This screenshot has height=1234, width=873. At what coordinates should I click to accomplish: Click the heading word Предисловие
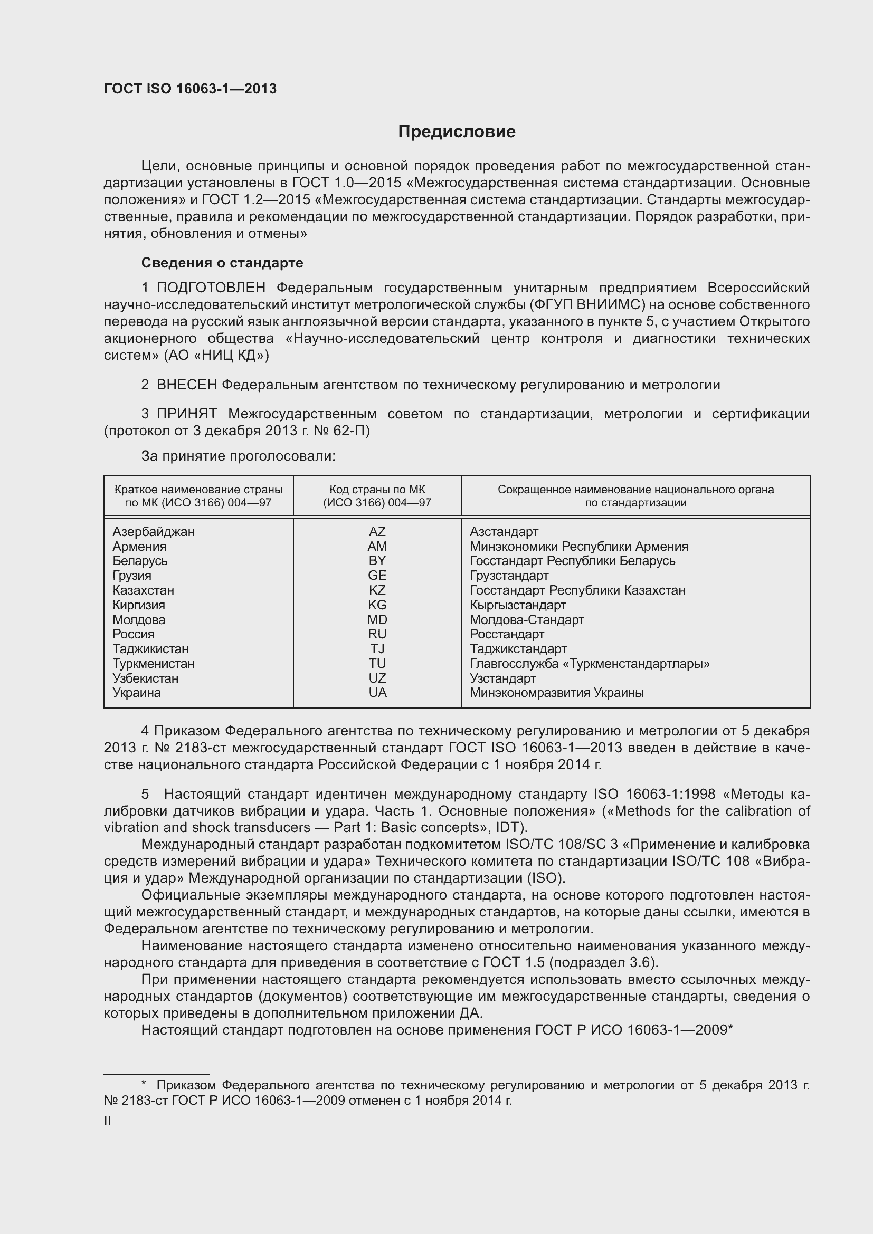coord(457,132)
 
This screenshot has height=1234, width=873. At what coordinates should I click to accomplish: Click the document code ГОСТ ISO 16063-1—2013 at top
coord(191,89)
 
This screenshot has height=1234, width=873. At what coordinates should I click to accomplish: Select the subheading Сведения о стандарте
coord(222,263)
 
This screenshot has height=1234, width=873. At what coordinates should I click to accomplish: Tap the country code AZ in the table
coord(377,532)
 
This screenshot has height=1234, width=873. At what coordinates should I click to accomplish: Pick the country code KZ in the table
coord(377,590)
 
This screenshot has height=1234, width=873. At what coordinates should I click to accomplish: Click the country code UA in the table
coord(377,693)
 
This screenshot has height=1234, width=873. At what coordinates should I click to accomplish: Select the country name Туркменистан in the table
coord(153,664)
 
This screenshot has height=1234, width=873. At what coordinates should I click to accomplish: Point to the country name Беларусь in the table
coord(140,561)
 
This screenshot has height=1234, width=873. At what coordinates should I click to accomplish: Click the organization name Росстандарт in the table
coord(506,634)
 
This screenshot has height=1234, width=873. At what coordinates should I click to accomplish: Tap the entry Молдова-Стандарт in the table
coord(527,620)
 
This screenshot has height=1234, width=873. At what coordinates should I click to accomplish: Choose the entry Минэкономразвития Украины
coord(556,693)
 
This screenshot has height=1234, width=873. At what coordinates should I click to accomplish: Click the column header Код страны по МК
coord(377,490)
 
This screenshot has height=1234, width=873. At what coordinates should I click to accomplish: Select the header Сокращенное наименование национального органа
coord(635,490)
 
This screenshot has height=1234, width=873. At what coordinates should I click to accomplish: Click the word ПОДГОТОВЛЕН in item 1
coord(211,288)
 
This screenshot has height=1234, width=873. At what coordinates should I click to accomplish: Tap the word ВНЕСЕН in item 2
coord(186,385)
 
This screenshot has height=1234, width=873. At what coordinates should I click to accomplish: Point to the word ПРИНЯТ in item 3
coord(186,414)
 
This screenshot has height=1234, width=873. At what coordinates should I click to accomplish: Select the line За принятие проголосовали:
coord(238,456)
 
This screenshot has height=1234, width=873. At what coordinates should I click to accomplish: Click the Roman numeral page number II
coord(108,1121)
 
